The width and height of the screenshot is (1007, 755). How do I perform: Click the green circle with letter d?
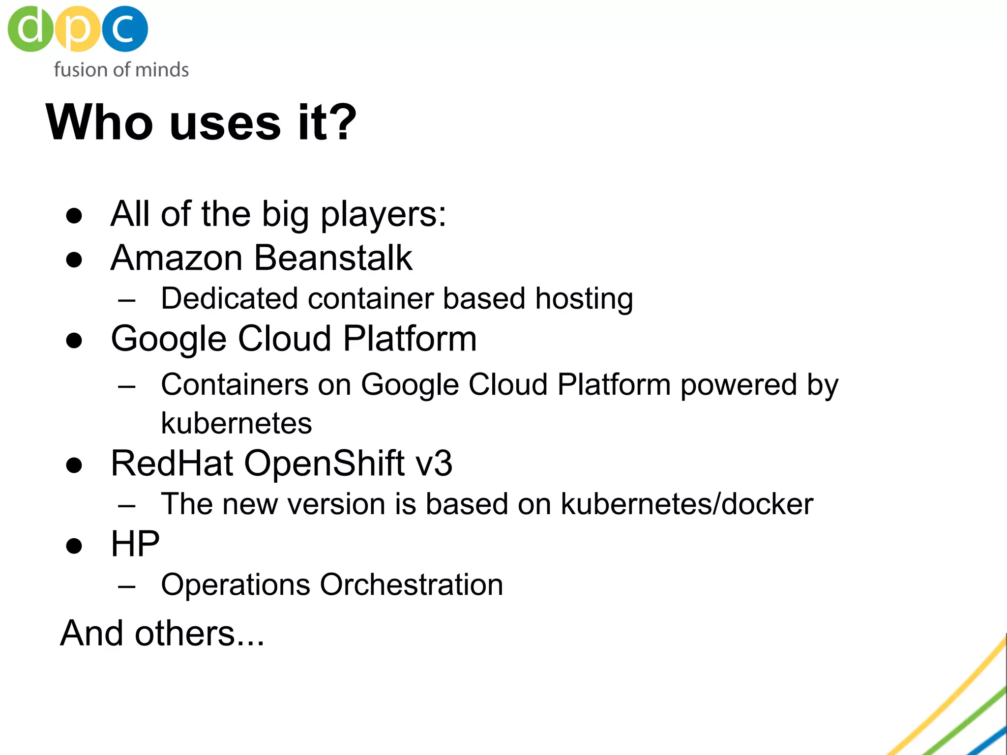(30, 29)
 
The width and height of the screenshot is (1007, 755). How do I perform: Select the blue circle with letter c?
(124, 29)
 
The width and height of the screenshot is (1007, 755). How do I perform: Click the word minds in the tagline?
(162, 70)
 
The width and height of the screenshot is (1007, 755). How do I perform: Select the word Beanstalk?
(333, 258)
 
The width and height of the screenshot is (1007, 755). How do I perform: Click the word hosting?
(584, 299)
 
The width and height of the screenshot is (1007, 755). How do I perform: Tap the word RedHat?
(172, 463)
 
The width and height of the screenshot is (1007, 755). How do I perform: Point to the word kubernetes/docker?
(687, 504)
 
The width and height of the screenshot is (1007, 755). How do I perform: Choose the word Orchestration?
(412, 584)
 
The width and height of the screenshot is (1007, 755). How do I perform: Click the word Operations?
(236, 585)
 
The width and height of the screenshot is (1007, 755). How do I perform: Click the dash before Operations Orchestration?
(127, 586)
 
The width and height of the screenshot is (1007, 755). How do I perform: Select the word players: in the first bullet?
(384, 215)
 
